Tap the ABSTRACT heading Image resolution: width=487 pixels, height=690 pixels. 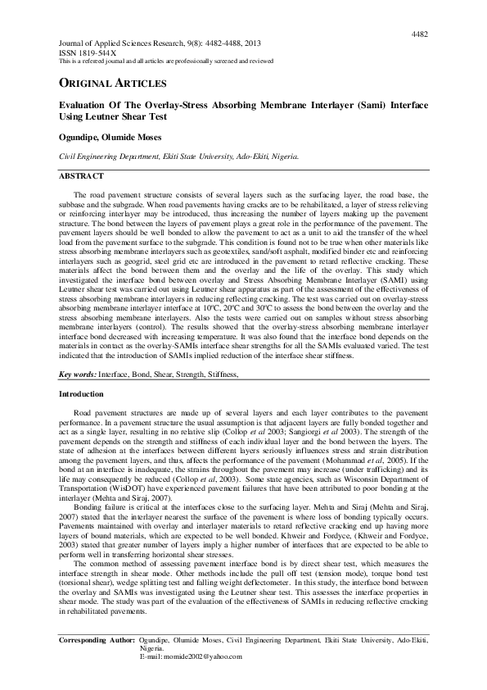(x=82, y=176)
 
